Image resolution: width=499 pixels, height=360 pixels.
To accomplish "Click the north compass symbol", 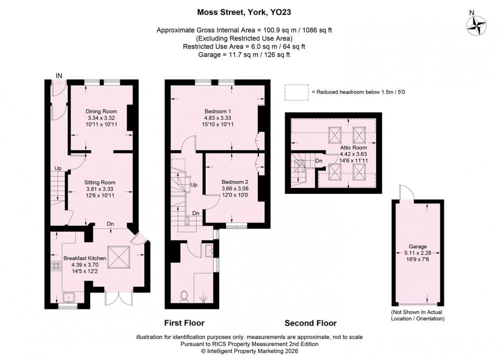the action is [x=477, y=26].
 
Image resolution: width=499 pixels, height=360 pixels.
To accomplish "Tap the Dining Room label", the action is [x=101, y=111].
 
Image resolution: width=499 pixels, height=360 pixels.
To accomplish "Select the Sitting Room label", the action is [x=100, y=182].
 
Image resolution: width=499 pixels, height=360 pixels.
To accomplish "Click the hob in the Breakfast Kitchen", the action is [x=56, y=266].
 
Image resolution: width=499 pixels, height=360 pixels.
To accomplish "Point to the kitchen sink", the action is [x=69, y=297].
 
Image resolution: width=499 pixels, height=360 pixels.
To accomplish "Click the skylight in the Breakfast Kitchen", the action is [x=119, y=257].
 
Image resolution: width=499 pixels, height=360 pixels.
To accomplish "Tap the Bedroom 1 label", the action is [x=218, y=111].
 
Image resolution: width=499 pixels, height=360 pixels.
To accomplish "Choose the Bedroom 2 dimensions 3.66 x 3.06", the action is [x=235, y=188].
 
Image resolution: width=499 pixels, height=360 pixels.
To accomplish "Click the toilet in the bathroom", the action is [x=184, y=296].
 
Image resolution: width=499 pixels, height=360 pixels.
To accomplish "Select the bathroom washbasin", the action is [x=210, y=250].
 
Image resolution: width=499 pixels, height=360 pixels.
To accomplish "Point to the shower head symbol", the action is [x=203, y=298].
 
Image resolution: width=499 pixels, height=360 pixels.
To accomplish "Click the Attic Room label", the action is [x=353, y=148].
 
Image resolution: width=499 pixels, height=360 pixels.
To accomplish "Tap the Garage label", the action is [x=418, y=246].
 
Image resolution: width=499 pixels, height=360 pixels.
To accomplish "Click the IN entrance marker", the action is [x=59, y=76].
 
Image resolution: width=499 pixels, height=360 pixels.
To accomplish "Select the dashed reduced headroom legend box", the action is [x=296, y=93].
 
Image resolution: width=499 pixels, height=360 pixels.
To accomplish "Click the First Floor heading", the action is [x=184, y=323].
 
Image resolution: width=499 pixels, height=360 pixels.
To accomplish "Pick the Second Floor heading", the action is [x=310, y=323].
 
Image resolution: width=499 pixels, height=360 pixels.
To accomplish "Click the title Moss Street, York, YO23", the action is [x=244, y=12].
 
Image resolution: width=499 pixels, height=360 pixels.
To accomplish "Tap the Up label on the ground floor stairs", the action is [x=58, y=168].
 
